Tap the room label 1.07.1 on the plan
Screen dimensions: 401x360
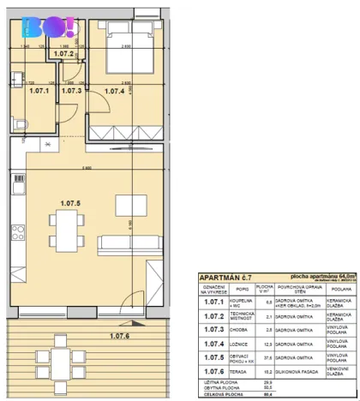click(37, 89)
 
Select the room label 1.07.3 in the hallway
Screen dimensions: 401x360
click(72, 89)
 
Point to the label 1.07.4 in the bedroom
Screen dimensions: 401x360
click(115, 89)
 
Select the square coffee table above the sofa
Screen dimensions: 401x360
click(129, 206)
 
